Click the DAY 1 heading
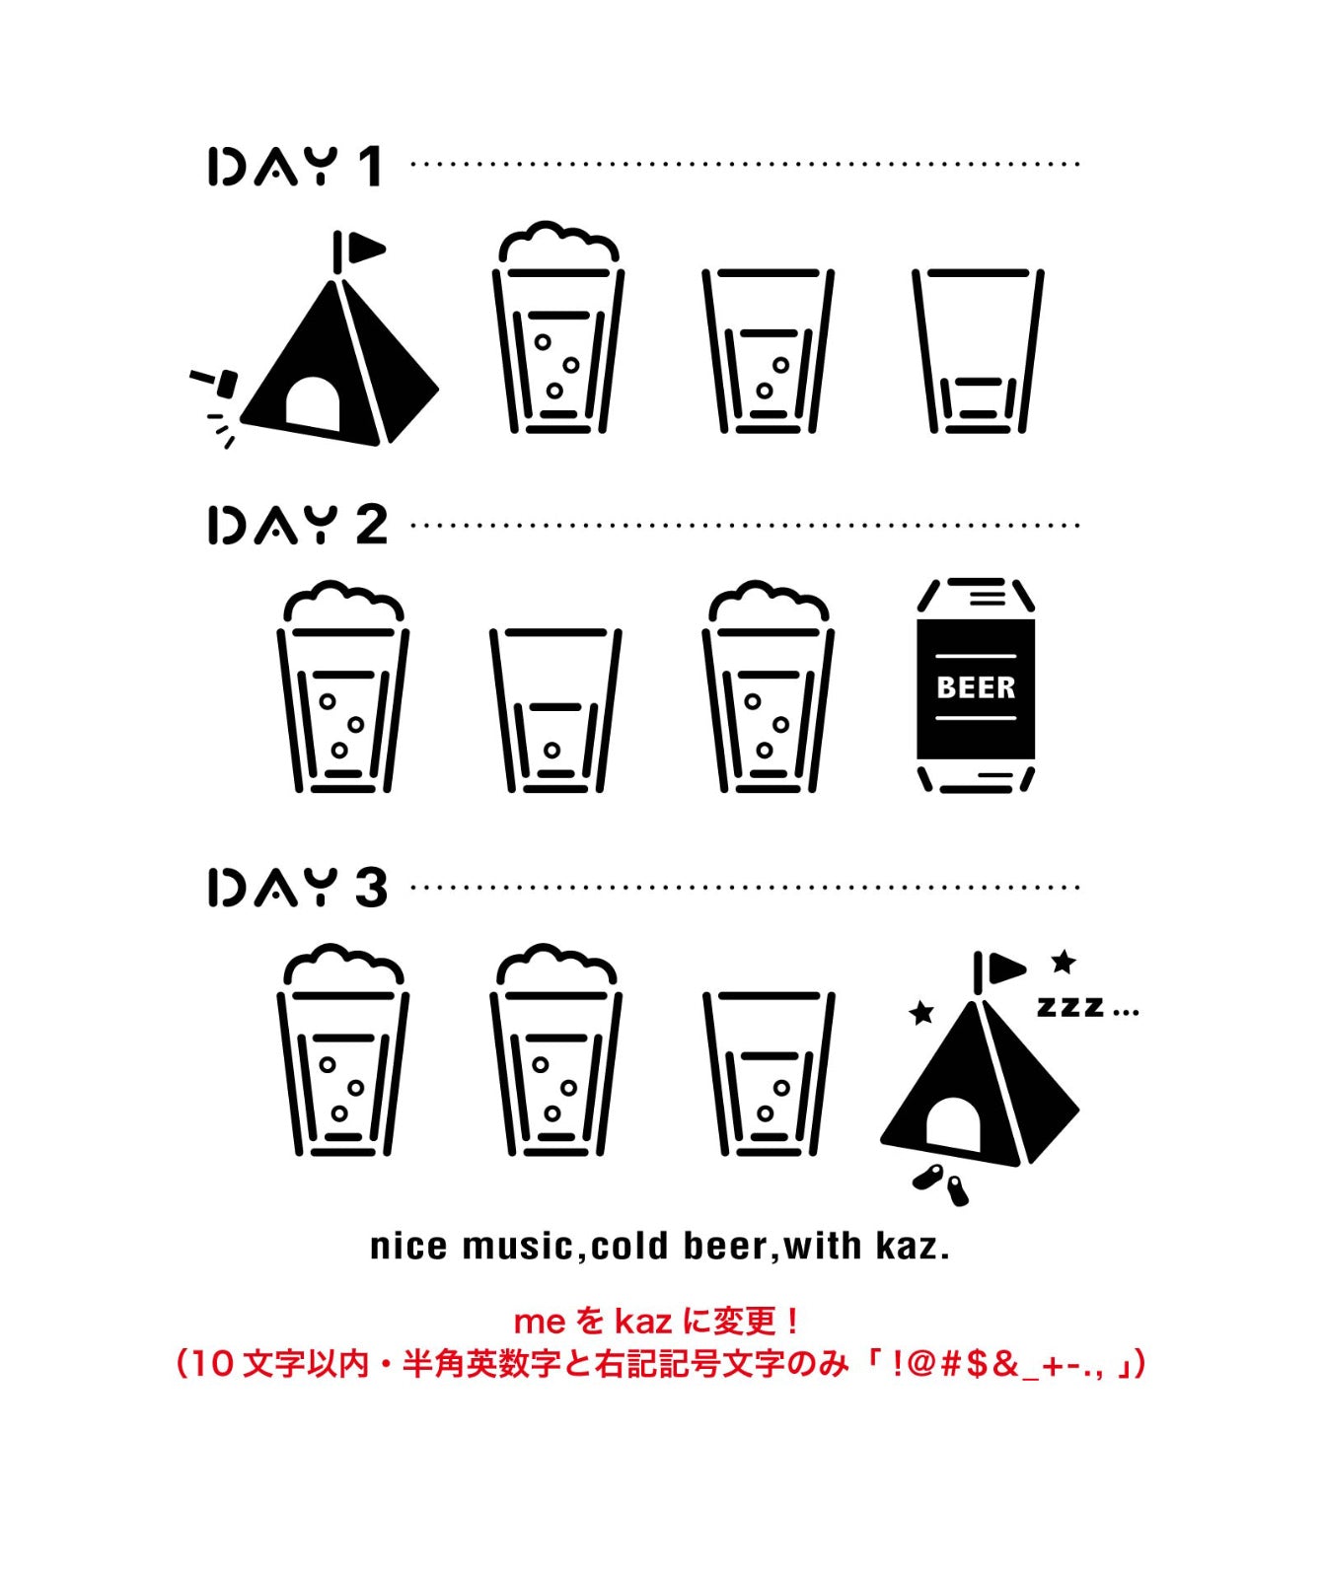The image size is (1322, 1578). (x=294, y=166)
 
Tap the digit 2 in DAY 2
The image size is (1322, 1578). (x=371, y=525)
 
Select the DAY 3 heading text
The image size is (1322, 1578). (x=296, y=887)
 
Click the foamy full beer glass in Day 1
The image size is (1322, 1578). (x=557, y=330)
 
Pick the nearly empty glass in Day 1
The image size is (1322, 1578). (x=977, y=350)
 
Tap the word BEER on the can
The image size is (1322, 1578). (x=975, y=687)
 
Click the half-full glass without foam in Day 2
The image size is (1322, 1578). (x=555, y=710)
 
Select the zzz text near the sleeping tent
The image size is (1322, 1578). (x=1070, y=1007)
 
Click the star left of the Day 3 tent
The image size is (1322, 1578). (x=920, y=1013)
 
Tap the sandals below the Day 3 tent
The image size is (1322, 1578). (x=942, y=1183)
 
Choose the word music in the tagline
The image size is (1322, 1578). (x=517, y=1247)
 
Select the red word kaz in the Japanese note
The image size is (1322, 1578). (x=643, y=1321)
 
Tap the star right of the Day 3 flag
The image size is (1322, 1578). (x=1063, y=961)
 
